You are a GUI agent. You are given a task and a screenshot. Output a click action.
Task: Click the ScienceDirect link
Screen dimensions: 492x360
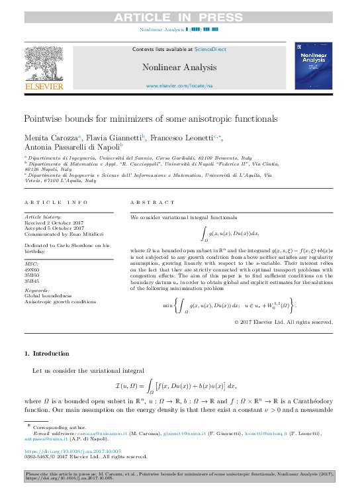click(x=210, y=49)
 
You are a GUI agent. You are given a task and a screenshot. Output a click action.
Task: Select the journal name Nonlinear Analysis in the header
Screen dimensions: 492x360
click(x=179, y=67)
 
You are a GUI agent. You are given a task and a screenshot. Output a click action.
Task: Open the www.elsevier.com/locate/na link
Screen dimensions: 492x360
click(x=179, y=86)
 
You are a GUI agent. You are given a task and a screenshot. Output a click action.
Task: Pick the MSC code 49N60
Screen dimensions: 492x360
click(x=32, y=270)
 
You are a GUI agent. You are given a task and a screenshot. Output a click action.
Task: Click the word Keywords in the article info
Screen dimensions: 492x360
click(x=36, y=291)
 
